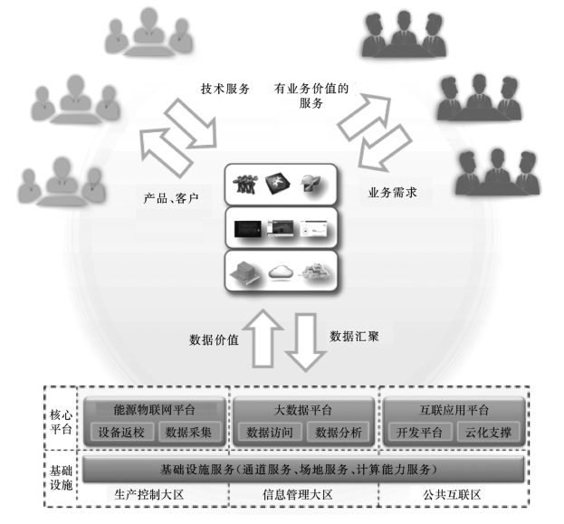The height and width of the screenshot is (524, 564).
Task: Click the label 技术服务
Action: coord(225,90)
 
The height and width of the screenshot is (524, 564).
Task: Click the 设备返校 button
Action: coord(126,432)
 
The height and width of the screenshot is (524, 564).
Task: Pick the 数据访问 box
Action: coord(270,432)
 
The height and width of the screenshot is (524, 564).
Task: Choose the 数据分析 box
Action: coord(337,432)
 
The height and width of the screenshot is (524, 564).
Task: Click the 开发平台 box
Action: coord(418,432)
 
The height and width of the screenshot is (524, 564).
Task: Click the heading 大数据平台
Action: coord(302,409)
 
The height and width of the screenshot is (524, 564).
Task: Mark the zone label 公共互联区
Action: coord(450,496)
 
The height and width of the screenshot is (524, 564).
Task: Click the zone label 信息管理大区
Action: coord(301,496)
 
